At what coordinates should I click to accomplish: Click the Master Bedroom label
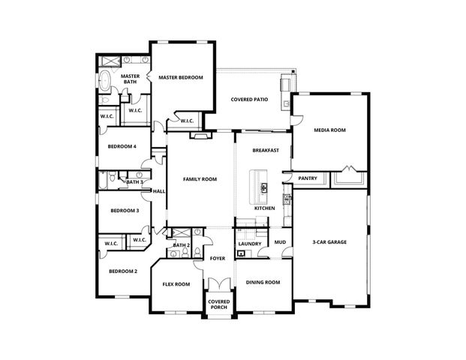click(181, 77)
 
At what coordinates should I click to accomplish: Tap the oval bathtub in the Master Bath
click(106, 82)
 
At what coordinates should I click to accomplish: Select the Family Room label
click(200, 179)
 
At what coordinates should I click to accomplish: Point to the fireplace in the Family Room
click(198, 136)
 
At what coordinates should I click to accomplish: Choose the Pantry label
click(308, 178)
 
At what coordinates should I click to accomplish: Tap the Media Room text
click(329, 130)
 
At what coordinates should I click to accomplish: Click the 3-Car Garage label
click(329, 242)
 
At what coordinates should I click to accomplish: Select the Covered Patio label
click(249, 99)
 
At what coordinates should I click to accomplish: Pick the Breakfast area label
click(266, 150)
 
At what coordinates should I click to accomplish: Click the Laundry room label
click(249, 244)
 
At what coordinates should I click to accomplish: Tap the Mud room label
click(279, 242)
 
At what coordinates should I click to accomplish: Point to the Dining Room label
click(263, 283)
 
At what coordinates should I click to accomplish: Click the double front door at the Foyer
click(218, 285)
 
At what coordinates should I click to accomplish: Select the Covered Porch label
click(218, 305)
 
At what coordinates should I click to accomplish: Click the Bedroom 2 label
click(122, 271)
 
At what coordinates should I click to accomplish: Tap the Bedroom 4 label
click(122, 146)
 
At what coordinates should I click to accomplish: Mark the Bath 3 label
click(134, 182)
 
